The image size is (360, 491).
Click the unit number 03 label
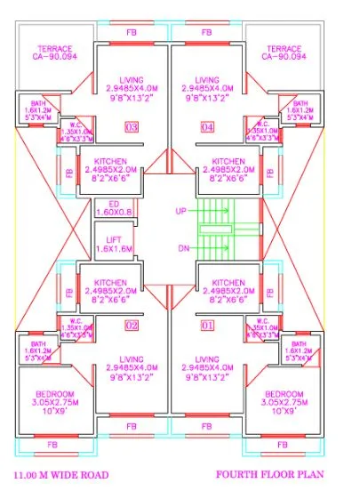132,128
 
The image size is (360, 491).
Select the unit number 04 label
208,128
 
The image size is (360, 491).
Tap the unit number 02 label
132,326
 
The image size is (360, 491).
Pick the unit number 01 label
208,326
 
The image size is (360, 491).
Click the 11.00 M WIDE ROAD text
60,475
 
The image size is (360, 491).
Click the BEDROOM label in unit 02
54,393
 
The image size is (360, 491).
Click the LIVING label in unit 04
207,80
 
